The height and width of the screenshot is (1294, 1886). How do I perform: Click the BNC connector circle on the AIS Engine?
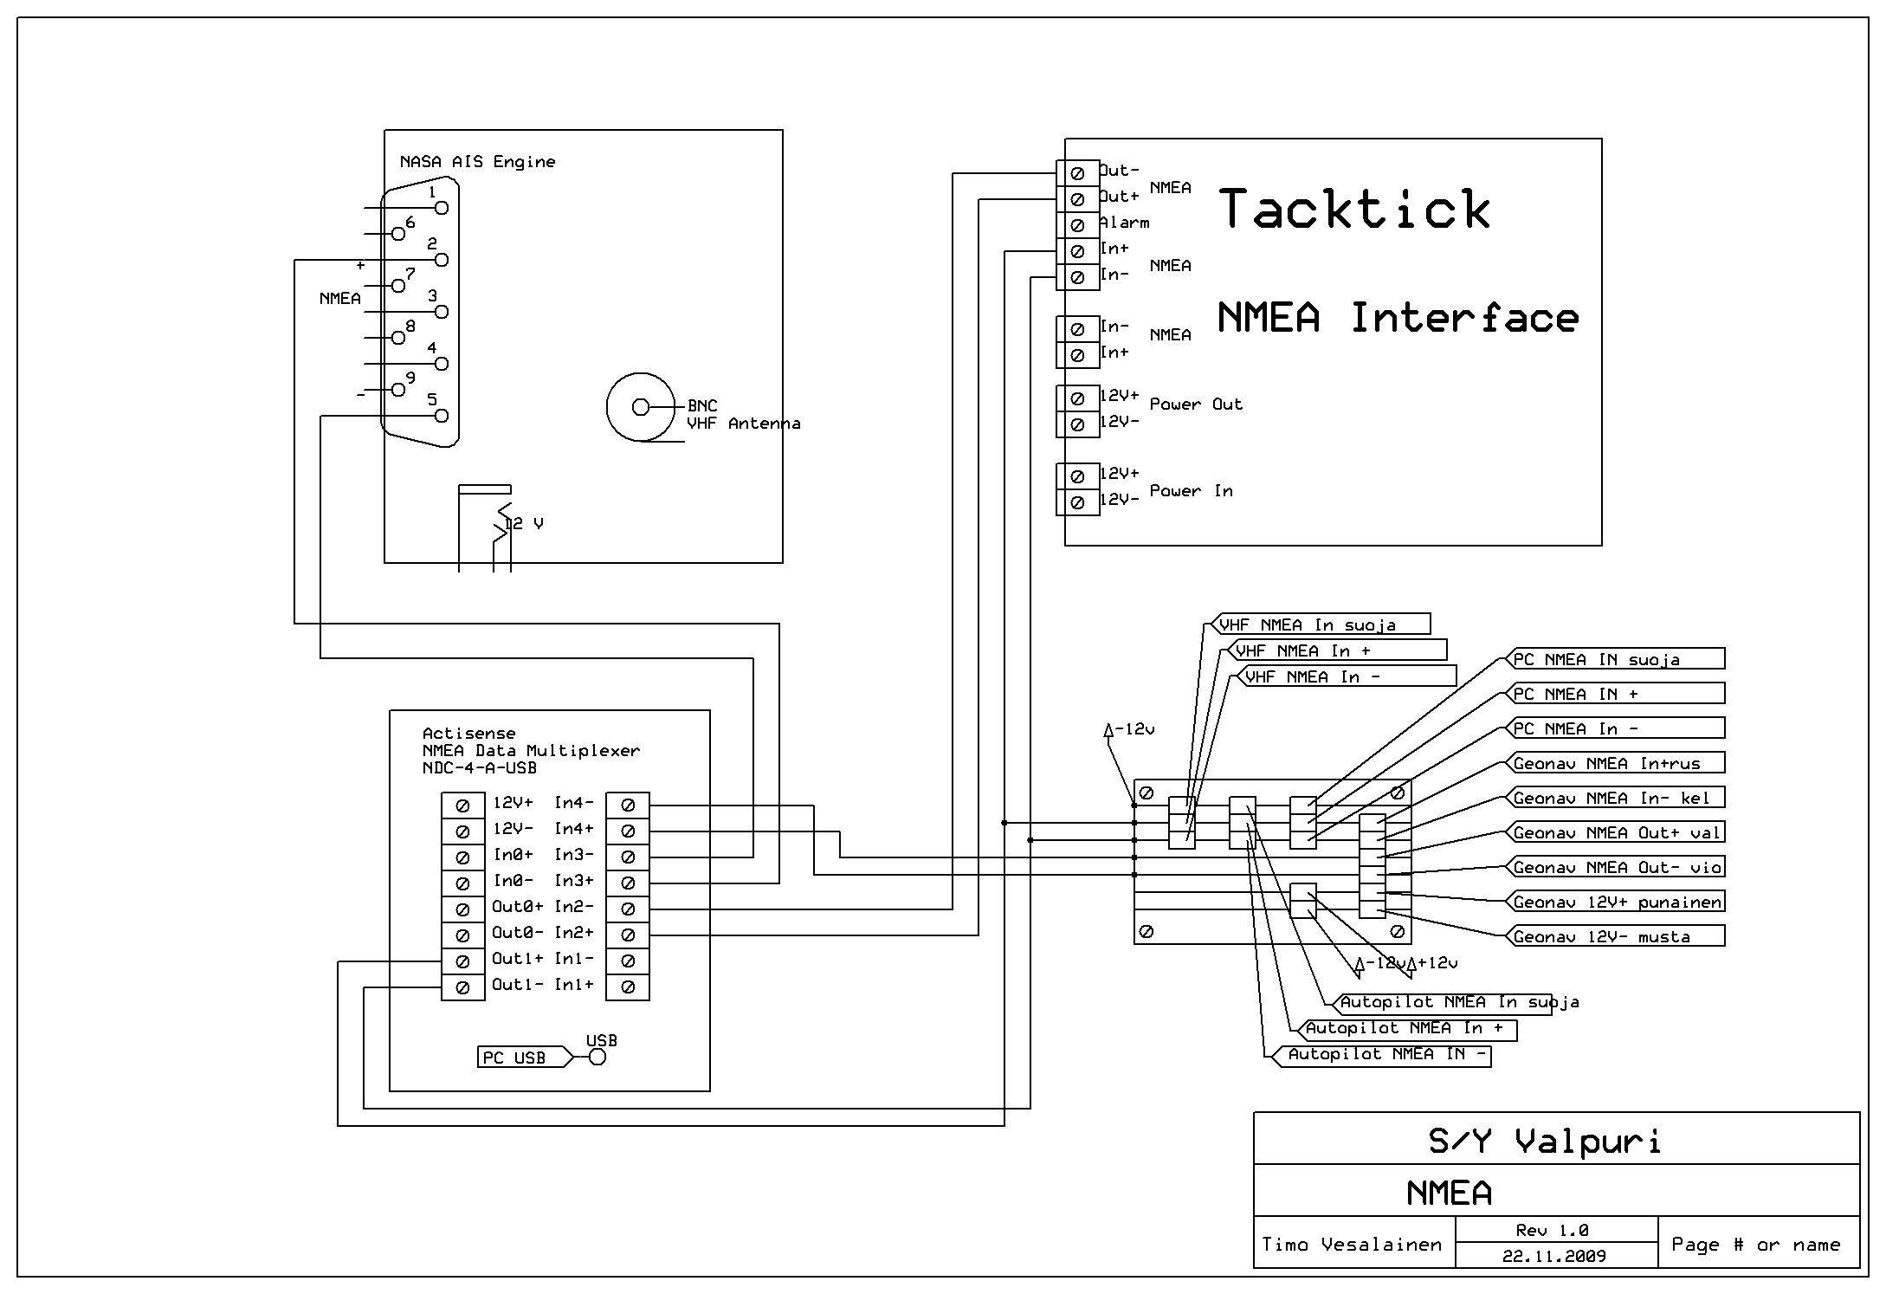pyautogui.click(x=641, y=407)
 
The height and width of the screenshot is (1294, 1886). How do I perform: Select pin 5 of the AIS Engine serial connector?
pyautogui.click(x=442, y=416)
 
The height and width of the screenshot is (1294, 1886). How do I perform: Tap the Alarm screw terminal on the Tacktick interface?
pyautogui.click(x=1077, y=225)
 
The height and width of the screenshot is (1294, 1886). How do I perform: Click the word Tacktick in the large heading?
pyautogui.click(x=1355, y=210)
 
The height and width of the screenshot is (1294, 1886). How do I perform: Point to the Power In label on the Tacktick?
pyautogui.click(x=1191, y=491)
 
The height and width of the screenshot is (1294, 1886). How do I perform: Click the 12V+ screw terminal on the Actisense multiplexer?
pyautogui.click(x=462, y=806)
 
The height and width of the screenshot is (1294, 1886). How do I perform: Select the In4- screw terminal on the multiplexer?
pyautogui.click(x=628, y=806)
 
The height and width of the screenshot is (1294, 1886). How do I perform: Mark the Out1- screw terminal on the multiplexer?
pyautogui.click(x=462, y=987)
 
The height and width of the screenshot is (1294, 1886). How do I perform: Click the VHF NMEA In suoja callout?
pyautogui.click(x=1316, y=624)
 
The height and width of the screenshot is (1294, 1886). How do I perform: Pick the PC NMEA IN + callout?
pyautogui.click(x=1615, y=694)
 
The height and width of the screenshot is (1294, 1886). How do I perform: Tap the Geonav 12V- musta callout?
pyautogui.click(x=1615, y=936)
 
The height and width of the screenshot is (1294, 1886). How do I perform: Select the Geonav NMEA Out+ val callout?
pyautogui.click(x=1615, y=832)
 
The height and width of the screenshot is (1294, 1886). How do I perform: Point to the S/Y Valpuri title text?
pyautogui.click(x=1545, y=1142)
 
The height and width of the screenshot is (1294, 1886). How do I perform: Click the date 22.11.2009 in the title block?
pyautogui.click(x=1553, y=1256)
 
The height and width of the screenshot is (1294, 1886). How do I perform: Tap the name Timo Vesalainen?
pyautogui.click(x=1352, y=1245)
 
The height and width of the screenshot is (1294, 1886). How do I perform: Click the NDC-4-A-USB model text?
pyautogui.click(x=479, y=768)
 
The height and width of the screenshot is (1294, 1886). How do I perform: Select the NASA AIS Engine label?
pyautogui.click(x=477, y=162)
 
